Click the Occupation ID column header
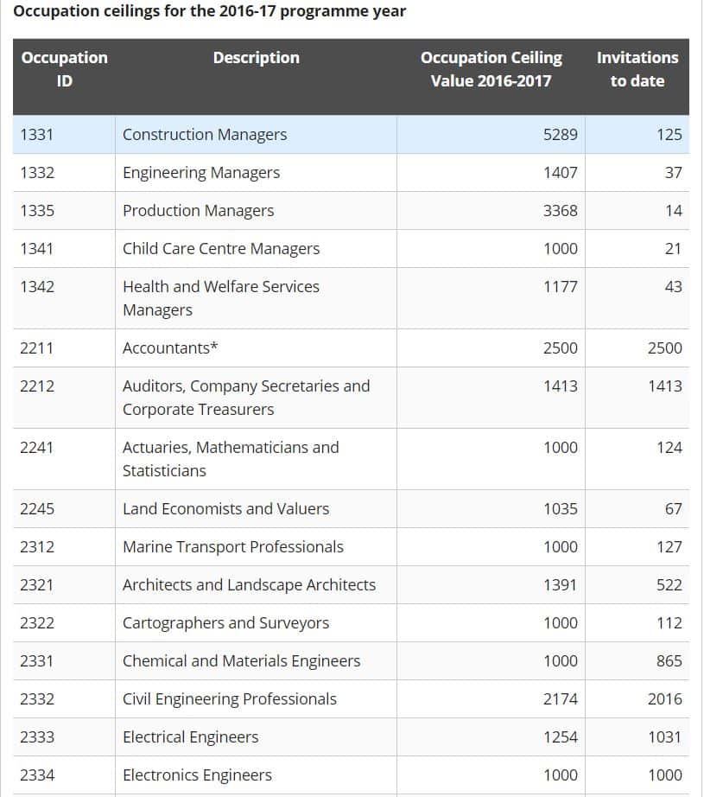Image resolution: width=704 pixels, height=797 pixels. point(64,69)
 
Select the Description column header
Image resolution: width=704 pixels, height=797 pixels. point(256,58)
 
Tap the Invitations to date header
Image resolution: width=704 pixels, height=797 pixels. point(637,69)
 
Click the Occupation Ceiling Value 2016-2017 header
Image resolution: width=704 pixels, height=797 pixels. point(491,69)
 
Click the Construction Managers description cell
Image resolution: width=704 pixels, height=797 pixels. point(205,135)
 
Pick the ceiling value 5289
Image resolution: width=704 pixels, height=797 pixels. point(560,135)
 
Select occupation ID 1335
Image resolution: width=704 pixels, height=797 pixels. point(37,211)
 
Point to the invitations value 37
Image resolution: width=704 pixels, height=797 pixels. point(673,173)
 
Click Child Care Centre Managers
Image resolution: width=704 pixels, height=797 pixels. point(221,249)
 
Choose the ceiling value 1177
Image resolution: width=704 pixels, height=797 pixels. point(560,287)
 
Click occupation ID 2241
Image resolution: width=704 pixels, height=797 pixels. point(37,448)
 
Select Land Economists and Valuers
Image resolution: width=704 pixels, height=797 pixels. point(225,509)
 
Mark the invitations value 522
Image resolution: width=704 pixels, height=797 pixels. point(669,585)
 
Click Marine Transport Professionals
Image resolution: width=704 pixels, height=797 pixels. point(232,547)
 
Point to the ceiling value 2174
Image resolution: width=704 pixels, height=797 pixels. point(560,699)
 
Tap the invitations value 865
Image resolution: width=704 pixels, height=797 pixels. point(669,661)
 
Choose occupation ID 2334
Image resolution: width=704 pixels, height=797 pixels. point(37,775)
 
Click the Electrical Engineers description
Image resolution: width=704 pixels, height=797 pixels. point(190,737)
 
